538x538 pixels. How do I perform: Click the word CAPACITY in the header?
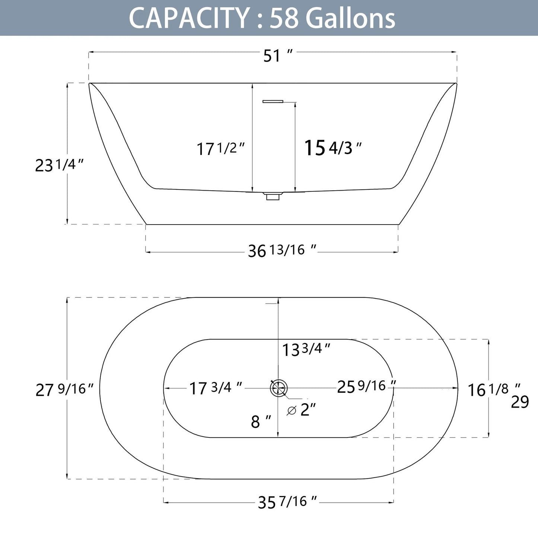(189, 18)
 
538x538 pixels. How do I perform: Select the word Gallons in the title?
(352, 18)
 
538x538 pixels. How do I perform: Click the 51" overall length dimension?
(277, 56)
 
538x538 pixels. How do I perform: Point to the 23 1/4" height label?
(59, 165)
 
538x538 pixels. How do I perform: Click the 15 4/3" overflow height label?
(333, 148)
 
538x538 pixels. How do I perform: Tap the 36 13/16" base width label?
(282, 251)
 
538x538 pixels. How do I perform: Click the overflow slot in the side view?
(273, 101)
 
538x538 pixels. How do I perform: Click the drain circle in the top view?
(278, 388)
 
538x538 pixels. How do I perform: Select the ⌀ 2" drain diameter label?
(302, 410)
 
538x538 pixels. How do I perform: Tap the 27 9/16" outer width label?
(67, 389)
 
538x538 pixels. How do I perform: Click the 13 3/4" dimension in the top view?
(306, 350)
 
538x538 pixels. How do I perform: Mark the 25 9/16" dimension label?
(366, 386)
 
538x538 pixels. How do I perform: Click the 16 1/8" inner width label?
(494, 389)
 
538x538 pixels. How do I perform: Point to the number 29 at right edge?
(520, 402)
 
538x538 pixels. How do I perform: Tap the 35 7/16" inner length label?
(287, 502)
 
